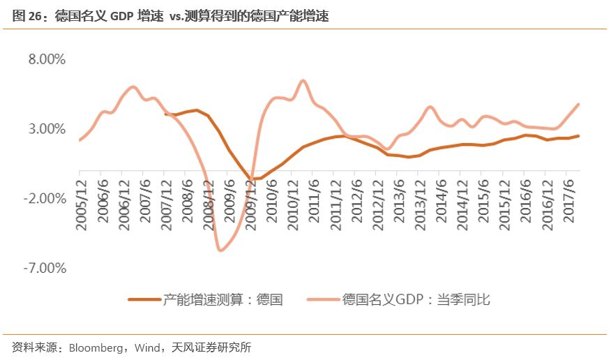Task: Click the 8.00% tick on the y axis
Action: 47,59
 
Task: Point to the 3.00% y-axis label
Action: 47,129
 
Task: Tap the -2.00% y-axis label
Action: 45,199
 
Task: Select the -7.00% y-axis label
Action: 45,269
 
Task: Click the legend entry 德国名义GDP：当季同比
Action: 416,299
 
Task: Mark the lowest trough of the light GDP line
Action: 220,250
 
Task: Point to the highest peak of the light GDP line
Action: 303,80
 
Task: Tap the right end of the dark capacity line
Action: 578,136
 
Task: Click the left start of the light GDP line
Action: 80,140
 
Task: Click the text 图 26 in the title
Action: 25,16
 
